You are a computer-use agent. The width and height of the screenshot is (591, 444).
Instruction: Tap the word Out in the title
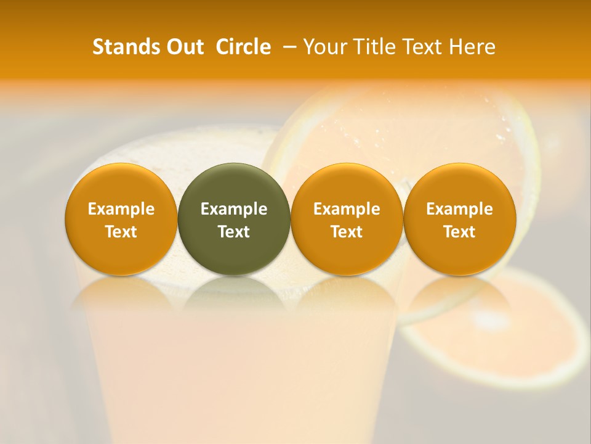(183, 47)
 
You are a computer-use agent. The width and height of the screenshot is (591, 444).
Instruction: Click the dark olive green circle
(234, 219)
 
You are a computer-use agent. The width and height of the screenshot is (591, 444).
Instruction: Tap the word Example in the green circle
(234, 209)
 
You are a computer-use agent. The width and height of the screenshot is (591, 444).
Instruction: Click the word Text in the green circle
(234, 232)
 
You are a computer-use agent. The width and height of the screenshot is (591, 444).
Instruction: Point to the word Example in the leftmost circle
(121, 209)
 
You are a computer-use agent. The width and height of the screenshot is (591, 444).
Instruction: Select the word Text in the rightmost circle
(459, 232)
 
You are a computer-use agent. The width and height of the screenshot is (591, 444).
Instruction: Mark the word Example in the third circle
(347, 209)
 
